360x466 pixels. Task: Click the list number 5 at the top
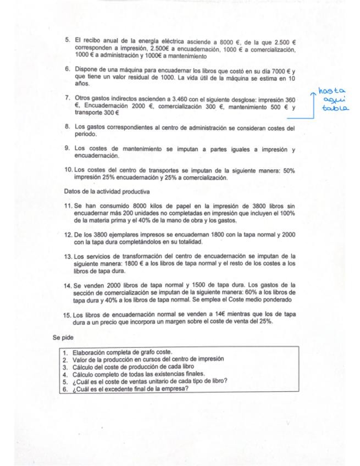point(68,40)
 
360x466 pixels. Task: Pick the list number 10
point(68,171)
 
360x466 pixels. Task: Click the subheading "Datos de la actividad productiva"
point(107,192)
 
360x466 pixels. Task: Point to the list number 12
point(68,235)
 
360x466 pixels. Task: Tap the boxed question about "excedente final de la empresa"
point(130,388)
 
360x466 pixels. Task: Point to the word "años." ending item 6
point(81,84)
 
